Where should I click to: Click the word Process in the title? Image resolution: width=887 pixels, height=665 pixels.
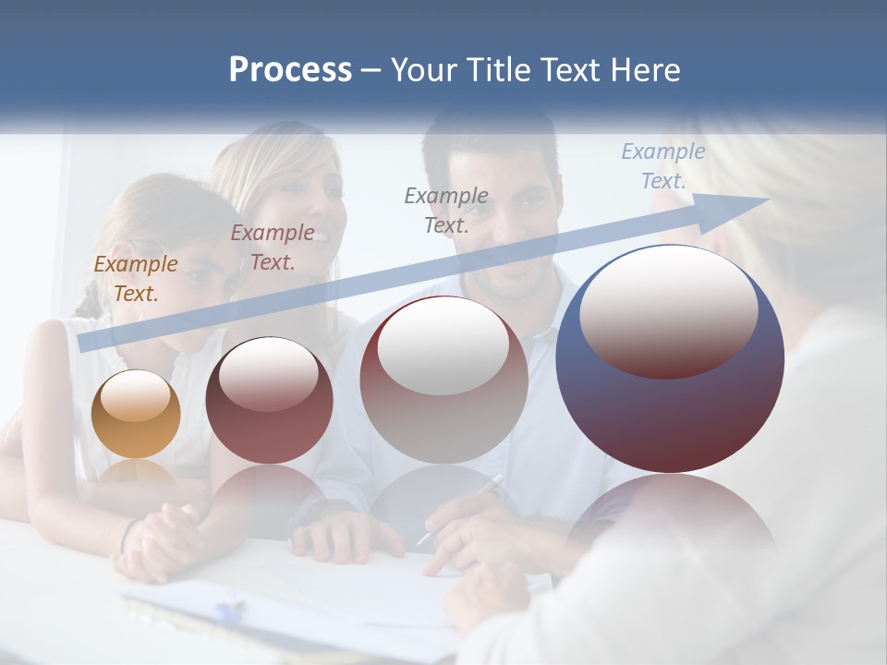click(290, 69)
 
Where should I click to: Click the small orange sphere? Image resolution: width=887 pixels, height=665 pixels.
click(136, 415)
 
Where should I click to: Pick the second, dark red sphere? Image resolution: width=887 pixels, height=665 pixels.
click(268, 401)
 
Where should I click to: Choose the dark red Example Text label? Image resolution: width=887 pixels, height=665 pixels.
click(273, 248)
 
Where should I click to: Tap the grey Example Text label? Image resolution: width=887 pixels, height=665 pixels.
click(446, 210)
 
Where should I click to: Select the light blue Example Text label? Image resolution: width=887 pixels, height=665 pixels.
click(662, 166)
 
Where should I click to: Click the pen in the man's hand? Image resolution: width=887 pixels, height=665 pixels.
click(459, 509)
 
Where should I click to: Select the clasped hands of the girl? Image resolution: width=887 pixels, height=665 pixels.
click(166, 536)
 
